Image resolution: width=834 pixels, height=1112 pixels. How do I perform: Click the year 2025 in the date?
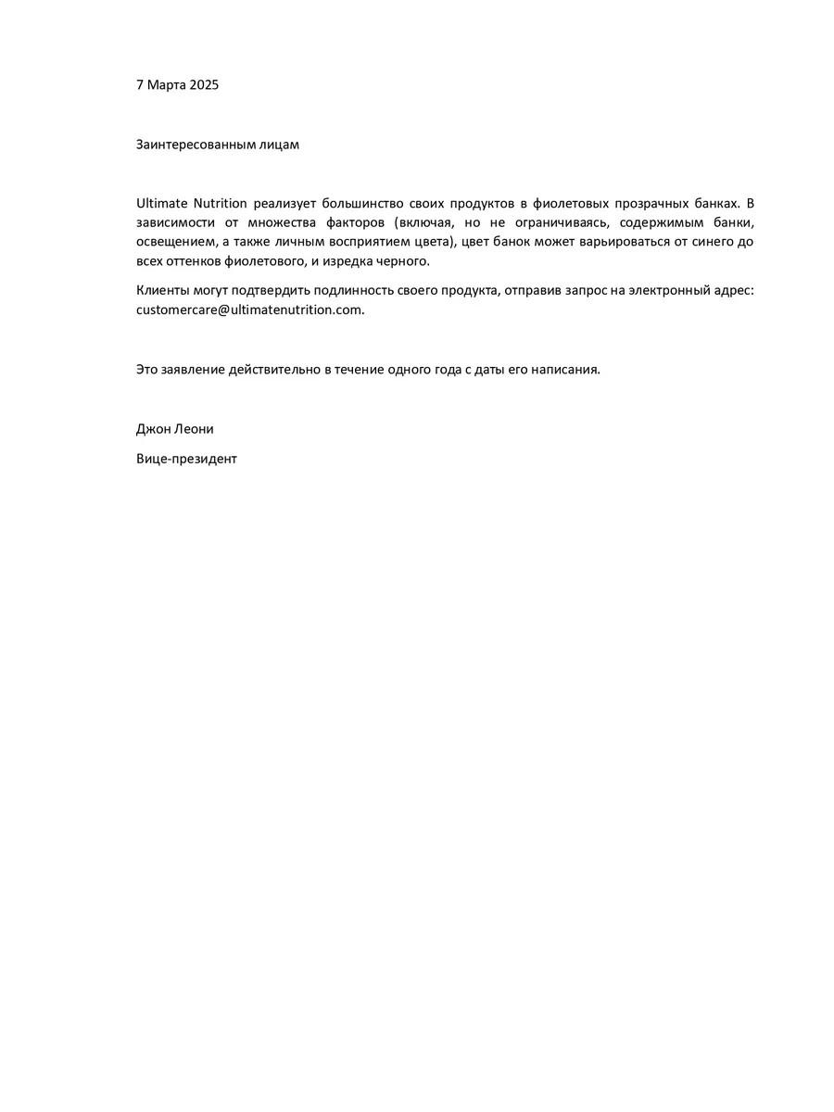pos(204,85)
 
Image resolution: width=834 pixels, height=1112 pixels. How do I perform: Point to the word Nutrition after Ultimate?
pos(220,203)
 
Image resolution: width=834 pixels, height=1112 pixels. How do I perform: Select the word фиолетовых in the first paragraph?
pos(570,203)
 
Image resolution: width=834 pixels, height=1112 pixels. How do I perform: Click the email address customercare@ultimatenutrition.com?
pos(249,310)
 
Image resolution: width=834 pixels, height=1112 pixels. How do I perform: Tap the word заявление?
pos(196,369)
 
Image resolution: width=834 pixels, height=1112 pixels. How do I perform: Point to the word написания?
pos(565,369)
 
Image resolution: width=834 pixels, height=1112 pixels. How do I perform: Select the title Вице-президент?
pos(186,459)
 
